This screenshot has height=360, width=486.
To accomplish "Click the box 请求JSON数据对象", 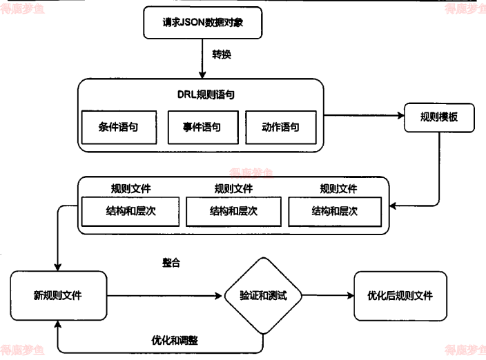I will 202,22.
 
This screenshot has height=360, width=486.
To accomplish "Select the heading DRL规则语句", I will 200,94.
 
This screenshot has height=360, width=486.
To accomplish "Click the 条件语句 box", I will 118,127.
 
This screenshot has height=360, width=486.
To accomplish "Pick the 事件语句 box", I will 202,127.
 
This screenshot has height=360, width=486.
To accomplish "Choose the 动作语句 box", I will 280,127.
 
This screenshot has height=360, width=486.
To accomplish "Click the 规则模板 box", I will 439,116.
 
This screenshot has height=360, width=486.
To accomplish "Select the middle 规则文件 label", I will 233,188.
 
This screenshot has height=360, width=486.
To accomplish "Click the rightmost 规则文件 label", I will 338,188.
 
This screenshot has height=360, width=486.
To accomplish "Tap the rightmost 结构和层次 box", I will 336,211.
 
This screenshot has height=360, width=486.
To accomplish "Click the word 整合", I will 171,263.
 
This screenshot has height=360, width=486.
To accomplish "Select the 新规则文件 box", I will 58,296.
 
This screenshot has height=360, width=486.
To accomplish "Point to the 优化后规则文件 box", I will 400,296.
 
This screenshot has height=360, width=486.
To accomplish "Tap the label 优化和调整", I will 175,340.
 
